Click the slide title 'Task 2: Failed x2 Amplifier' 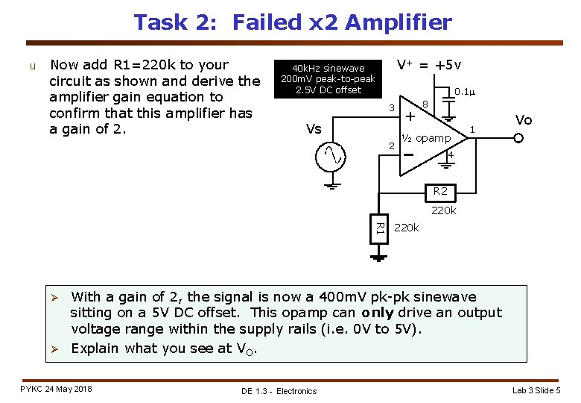(292, 22)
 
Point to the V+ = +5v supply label (428, 65)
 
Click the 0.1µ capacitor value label (465, 92)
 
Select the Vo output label (524, 120)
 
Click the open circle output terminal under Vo (519, 137)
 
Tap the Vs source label (314, 129)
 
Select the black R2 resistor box (440, 192)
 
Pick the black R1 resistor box (379, 228)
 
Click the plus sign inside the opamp (410, 116)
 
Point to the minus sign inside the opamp (408, 154)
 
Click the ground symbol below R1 (379, 258)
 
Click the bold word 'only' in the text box (381, 313)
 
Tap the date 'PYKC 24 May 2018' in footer (57, 389)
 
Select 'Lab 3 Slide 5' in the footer (536, 390)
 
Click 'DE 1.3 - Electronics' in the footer (279, 391)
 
